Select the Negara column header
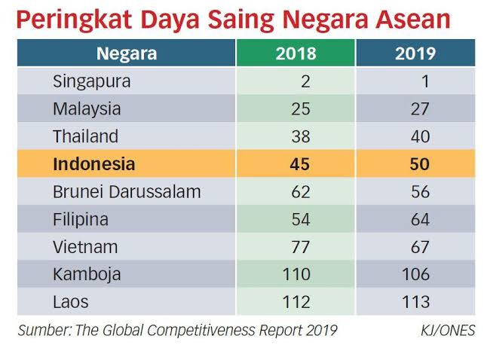(x=127, y=53)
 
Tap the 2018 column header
(x=297, y=53)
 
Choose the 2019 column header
(x=415, y=53)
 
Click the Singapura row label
(x=92, y=81)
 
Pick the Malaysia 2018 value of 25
(x=300, y=109)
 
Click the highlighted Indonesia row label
(x=94, y=164)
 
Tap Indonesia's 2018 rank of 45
(x=299, y=164)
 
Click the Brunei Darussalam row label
(x=127, y=192)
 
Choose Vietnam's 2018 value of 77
(x=300, y=247)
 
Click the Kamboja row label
(x=87, y=275)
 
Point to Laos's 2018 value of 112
(x=296, y=302)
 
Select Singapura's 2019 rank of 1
(x=424, y=81)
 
